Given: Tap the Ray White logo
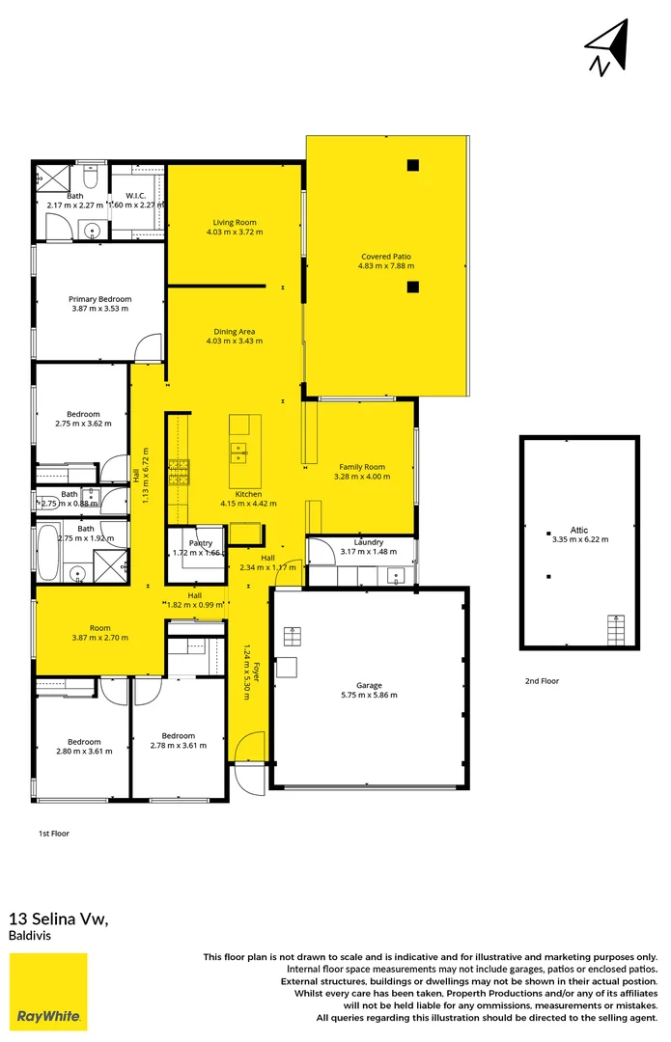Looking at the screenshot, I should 48,992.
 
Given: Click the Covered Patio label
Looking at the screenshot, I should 385,257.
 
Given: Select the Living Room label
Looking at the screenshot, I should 235,223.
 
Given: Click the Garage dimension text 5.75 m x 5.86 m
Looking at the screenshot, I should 369,695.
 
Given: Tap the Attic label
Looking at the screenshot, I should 578,530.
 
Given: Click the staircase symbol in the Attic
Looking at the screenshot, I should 615,632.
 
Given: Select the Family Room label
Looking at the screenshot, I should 362,467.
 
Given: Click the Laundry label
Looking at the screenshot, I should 369,542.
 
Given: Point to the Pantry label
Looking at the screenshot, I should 201,544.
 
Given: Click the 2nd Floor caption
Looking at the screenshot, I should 542,681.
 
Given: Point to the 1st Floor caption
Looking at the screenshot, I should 53,833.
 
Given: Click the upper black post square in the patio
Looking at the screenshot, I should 412,164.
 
